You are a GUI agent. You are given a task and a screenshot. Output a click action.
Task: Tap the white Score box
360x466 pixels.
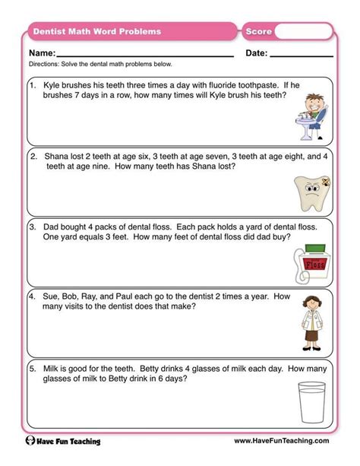(302, 32)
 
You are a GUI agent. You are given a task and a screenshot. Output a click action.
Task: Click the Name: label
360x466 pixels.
(43, 53)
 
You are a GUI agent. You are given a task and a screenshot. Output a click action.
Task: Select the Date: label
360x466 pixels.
(257, 53)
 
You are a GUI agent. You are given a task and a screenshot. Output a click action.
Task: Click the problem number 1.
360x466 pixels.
(33, 87)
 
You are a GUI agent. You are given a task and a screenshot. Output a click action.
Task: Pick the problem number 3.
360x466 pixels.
(33, 227)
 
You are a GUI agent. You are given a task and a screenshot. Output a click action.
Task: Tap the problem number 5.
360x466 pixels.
(33, 367)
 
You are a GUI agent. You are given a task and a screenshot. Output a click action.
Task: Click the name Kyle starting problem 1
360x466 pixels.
(53, 87)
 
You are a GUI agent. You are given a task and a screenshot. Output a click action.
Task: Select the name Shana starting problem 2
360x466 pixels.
(57, 157)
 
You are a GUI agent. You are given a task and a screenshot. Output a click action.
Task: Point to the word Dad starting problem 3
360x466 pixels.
(52, 227)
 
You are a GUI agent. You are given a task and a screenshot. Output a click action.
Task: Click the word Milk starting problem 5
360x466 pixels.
(52, 367)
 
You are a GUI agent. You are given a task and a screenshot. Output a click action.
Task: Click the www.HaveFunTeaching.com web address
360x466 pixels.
(280, 441)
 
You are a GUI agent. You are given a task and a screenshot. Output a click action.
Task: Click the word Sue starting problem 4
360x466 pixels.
(52, 296)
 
